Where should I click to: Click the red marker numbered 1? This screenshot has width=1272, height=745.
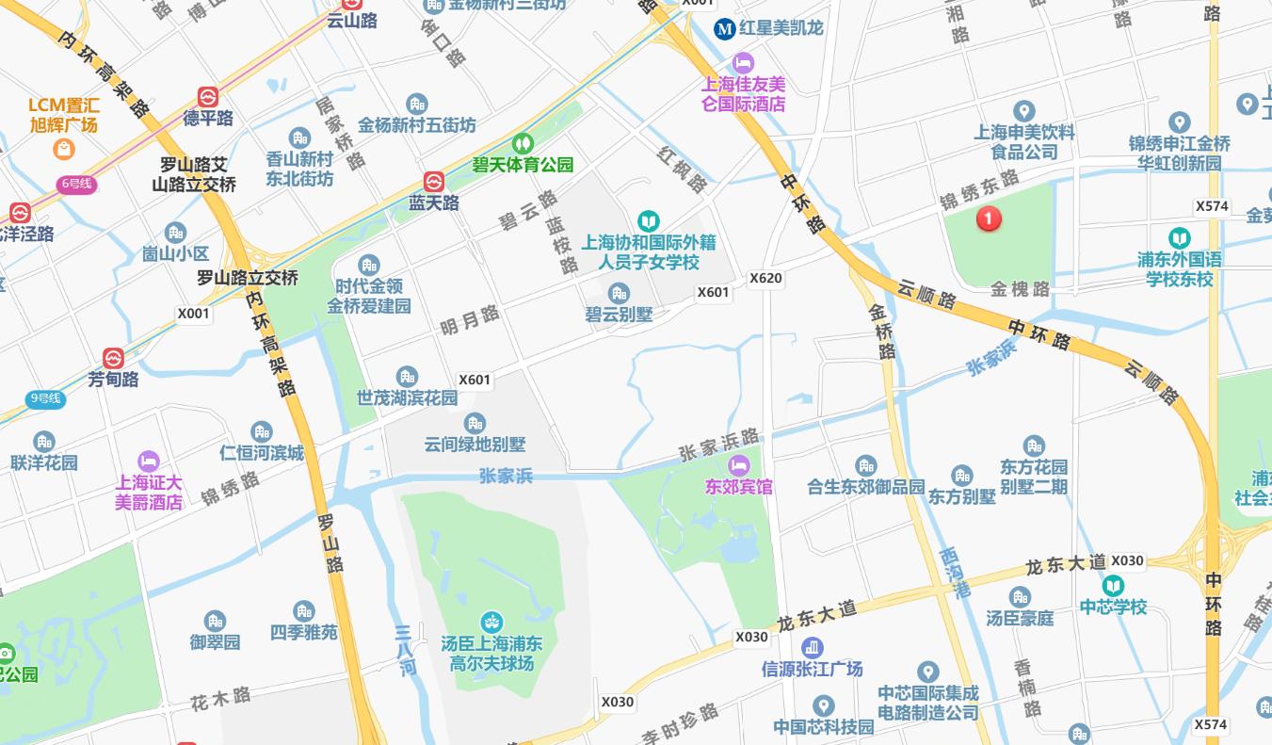click(988, 219)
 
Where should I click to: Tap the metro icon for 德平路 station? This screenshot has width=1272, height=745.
click(208, 97)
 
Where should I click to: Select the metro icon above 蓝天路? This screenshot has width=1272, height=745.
click(433, 182)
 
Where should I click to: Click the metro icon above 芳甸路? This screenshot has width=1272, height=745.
click(113, 359)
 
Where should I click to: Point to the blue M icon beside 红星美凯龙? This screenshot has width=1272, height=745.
click(724, 28)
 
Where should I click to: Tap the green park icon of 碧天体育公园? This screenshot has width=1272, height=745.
click(523, 144)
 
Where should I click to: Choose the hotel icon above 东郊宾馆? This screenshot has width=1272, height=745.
click(739, 465)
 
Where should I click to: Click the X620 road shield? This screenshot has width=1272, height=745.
click(765, 279)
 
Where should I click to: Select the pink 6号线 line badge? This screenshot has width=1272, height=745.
click(75, 184)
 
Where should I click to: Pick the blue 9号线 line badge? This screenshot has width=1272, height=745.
click(44, 398)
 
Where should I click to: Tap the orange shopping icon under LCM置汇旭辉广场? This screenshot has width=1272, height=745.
click(63, 149)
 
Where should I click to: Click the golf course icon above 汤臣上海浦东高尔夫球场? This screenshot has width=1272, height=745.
click(491, 623)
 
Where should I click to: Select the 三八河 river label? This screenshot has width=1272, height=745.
click(406, 650)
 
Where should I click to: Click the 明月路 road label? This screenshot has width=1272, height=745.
click(470, 320)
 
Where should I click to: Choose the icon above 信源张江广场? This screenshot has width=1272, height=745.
click(812, 648)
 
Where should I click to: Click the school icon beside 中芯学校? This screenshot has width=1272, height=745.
click(1113, 586)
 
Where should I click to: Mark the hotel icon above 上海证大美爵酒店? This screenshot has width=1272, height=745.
click(148, 461)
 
